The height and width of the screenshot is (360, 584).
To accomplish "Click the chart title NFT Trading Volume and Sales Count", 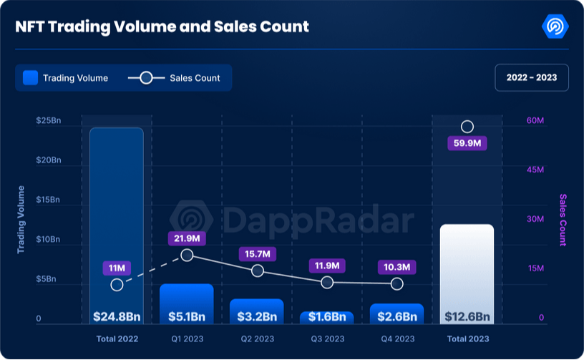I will pos(162,26).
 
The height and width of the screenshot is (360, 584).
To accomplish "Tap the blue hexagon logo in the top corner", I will pos(555,26).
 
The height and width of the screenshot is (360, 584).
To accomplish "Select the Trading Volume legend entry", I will pos(66,78).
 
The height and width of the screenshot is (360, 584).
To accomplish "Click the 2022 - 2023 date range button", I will pos(531,77).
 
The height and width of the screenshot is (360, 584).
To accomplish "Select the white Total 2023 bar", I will pos(467,272).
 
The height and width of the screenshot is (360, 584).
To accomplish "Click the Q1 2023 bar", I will pos(186,301).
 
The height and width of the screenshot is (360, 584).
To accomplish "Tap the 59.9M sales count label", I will pos(467,143).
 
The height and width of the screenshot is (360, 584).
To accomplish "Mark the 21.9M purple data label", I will pos(187,238).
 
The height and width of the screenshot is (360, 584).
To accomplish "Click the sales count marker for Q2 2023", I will pos(258,271).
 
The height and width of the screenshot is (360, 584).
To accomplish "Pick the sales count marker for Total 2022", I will pos(117,285).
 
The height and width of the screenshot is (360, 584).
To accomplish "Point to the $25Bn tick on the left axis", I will pos(49,121).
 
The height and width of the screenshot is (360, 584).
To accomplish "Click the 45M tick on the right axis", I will pos(536,170).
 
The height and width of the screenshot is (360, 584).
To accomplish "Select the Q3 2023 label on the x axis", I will pos(326,338).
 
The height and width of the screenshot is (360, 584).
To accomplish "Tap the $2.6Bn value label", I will pos(396,316).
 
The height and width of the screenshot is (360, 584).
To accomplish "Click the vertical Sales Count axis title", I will pos(563,220).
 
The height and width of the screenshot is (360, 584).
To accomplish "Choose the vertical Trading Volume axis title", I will pos(21,220).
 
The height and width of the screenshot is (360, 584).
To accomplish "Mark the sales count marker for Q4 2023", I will pos(397,284).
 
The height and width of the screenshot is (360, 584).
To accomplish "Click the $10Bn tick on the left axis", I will pos(49,240).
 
